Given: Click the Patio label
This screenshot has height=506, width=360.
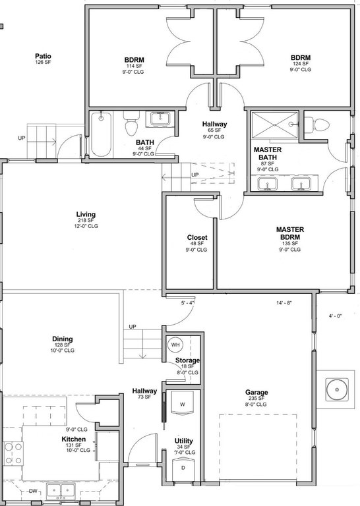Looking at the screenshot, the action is [x=43, y=56].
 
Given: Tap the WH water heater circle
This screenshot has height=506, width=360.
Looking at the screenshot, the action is [x=175, y=345].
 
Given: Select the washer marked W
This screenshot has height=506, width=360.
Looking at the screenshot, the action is [x=183, y=403].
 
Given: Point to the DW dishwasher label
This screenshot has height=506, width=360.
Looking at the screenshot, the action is [x=33, y=492].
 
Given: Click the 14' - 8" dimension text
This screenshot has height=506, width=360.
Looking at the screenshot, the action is [x=284, y=303].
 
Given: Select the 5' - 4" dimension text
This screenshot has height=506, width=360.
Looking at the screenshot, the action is [x=187, y=303].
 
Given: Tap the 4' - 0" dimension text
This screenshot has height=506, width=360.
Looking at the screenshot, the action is [x=335, y=316].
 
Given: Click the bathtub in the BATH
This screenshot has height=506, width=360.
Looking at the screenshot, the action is [x=101, y=134].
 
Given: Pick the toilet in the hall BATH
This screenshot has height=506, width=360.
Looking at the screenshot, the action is [x=131, y=124].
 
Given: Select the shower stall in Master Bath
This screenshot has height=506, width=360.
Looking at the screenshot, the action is [x=274, y=125].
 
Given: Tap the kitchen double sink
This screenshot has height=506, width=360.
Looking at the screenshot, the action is [x=61, y=491].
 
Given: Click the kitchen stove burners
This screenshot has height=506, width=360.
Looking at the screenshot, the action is [x=13, y=454].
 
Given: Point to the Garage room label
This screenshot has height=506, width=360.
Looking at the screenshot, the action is [x=256, y=393].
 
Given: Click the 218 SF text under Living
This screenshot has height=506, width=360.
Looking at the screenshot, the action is [x=86, y=221].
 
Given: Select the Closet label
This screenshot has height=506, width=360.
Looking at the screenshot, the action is [x=197, y=237].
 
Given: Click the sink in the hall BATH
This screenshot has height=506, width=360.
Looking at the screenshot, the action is [x=160, y=119].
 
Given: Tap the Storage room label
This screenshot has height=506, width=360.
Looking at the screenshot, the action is [x=188, y=360].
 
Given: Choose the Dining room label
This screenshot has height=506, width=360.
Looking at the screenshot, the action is [x=63, y=339].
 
